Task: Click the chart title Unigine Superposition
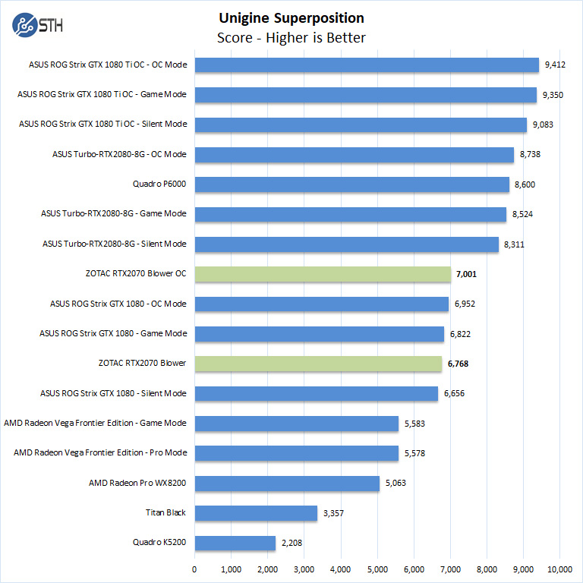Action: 291,18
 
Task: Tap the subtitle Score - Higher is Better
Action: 291,37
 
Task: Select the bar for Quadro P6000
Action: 351,184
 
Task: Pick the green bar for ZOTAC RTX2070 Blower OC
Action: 323,274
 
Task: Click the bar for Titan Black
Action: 256,513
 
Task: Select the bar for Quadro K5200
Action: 235,544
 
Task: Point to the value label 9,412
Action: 556,65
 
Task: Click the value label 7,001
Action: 467,274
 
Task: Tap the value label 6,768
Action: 458,364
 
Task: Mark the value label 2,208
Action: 292,544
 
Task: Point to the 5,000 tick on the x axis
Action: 377,569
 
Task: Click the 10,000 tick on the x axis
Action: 559,569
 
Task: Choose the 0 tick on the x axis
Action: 195,569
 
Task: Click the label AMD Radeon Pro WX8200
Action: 137,483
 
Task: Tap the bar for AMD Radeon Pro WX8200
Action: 287,484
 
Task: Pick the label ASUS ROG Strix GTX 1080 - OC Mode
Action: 118,304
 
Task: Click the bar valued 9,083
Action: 361,124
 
